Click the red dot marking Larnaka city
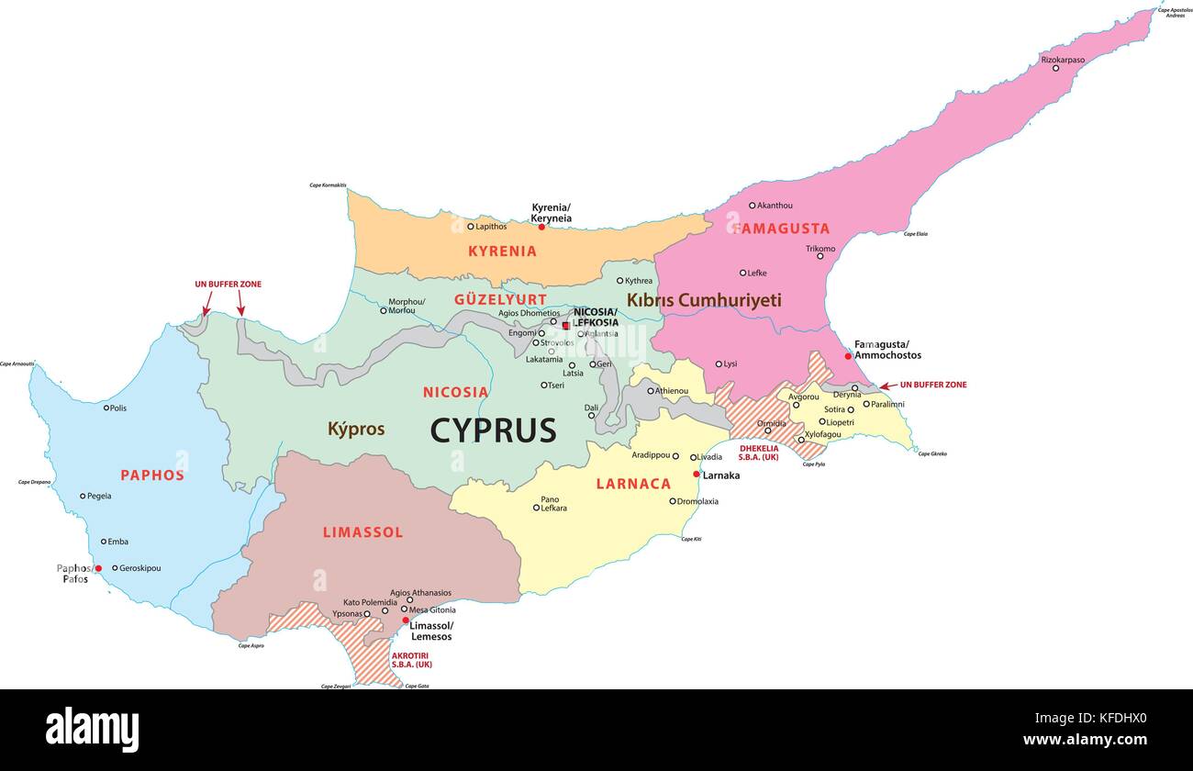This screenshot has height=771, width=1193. [x=697, y=475]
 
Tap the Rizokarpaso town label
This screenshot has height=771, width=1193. [x=1062, y=60]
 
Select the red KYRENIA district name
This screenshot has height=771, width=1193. [x=502, y=251]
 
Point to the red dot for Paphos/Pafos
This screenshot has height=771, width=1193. [x=98, y=568]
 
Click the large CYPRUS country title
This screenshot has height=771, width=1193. [x=493, y=430]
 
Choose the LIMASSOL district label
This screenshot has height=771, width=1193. [x=362, y=532]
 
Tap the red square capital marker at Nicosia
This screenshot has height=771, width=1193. [x=566, y=325]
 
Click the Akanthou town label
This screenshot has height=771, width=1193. [x=775, y=206]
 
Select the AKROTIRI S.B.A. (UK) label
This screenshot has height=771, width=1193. [x=411, y=660]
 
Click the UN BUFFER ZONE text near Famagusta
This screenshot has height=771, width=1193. [x=932, y=385]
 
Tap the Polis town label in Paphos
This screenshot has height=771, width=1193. [x=117, y=408]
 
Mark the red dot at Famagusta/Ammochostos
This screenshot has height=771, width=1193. [x=848, y=356]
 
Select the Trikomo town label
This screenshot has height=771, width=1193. [x=820, y=249]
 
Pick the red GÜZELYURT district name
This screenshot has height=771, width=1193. [x=500, y=299]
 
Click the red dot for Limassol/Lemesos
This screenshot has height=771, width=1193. [x=406, y=620]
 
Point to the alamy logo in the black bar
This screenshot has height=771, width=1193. [x=92, y=730]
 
